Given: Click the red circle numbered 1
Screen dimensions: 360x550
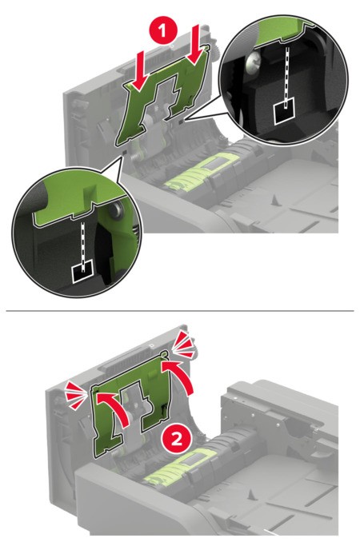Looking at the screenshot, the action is click(x=162, y=31).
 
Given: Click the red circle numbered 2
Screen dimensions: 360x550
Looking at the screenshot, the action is click(x=176, y=439).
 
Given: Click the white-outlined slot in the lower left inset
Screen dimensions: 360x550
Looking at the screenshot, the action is click(x=83, y=272).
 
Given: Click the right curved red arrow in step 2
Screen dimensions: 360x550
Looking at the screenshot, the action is click(x=182, y=381).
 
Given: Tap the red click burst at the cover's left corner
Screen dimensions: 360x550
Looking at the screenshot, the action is click(x=76, y=396).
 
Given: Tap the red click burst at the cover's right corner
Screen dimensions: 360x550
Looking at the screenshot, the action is click(x=183, y=345).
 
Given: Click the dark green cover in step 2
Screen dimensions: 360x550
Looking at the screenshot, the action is click(x=130, y=404).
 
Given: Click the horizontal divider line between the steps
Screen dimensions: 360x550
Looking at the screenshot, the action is click(x=180, y=311).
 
